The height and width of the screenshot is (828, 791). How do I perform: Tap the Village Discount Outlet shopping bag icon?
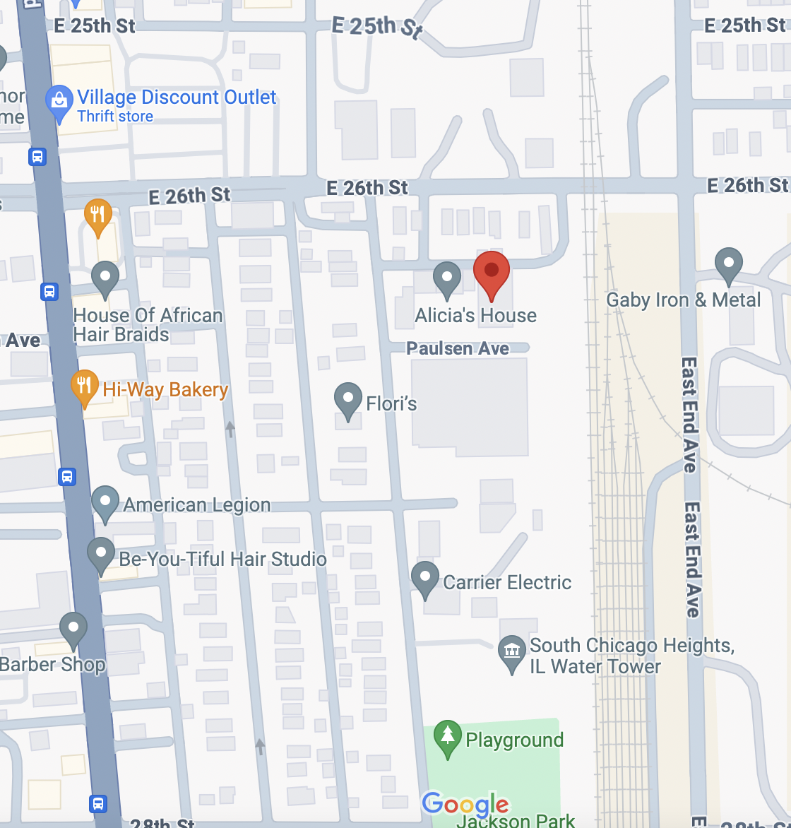tap(59, 102)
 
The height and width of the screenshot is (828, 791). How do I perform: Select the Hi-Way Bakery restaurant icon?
tap(85, 386)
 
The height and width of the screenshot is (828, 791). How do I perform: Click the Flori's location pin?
tap(347, 399)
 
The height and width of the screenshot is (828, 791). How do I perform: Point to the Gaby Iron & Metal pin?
tap(728, 265)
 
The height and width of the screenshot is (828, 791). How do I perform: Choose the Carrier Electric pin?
tap(425, 579)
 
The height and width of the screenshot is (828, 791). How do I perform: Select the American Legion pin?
tap(105, 502)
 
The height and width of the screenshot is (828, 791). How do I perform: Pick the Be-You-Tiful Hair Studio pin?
tap(101, 555)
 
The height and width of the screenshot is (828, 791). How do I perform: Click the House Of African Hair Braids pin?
tap(105, 278)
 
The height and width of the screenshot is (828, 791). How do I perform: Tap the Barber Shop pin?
tap(73, 629)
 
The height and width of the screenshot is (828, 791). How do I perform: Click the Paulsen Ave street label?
tap(458, 348)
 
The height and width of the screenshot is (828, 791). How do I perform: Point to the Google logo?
tap(465, 805)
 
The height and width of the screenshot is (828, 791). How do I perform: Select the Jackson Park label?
tap(516, 820)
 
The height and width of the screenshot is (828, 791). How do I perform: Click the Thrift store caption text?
tap(115, 117)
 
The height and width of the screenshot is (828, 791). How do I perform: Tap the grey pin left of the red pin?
tap(446, 278)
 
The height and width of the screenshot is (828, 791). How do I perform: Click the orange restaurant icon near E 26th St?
tap(98, 215)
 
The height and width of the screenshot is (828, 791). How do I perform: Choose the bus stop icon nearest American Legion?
tap(67, 477)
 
